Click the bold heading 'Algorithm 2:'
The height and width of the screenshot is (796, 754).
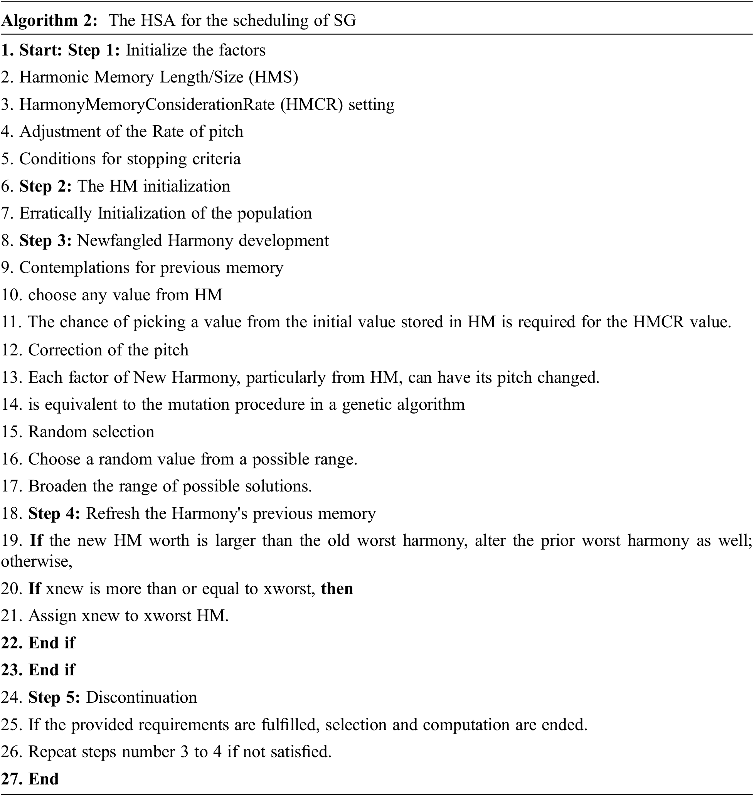[x=49, y=20]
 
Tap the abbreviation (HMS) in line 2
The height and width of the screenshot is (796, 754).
[x=273, y=77]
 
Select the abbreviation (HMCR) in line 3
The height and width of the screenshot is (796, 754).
[x=311, y=104]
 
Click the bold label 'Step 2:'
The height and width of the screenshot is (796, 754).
[x=45, y=187]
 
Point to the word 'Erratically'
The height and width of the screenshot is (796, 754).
[x=55, y=214]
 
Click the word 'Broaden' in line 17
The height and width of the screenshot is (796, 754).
[x=57, y=486]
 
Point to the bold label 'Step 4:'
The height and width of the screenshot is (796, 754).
[x=54, y=513]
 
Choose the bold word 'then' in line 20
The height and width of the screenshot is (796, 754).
[x=337, y=588]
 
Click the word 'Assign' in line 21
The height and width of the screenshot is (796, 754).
[x=52, y=616]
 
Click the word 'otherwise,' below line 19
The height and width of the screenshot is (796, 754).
[x=37, y=561]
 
